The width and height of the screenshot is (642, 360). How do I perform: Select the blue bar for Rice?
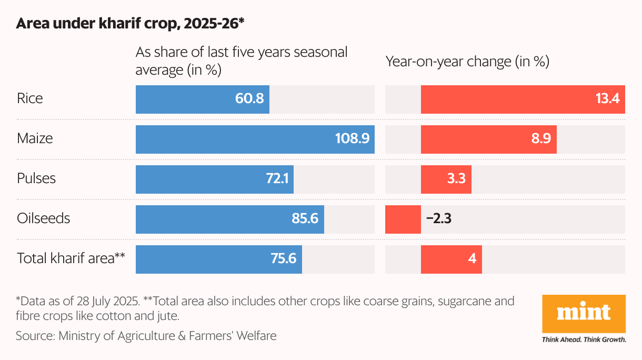203,99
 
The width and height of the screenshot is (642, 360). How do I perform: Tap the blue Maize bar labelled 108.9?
255,139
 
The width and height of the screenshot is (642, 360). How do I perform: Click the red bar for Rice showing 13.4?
523,99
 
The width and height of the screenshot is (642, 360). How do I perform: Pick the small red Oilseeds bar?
403,219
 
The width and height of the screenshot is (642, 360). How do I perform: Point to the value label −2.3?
438,219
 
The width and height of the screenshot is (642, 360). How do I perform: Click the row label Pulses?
36,178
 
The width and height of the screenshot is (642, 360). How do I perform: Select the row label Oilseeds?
43,218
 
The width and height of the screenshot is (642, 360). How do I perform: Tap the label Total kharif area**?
71,258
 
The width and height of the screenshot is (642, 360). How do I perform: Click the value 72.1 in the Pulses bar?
277,179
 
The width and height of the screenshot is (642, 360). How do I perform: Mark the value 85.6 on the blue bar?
305,219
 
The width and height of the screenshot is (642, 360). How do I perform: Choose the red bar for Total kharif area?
451,259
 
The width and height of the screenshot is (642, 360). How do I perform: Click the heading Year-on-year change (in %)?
467,62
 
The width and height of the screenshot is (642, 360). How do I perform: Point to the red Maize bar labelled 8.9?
488,139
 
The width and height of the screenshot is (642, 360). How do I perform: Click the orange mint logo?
584,314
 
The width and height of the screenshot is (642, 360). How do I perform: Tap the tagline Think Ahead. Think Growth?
584,340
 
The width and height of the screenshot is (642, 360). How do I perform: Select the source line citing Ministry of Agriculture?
146,335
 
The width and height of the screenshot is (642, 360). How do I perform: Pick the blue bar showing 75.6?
218,259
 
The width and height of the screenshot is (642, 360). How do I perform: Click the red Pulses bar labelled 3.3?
446,179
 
